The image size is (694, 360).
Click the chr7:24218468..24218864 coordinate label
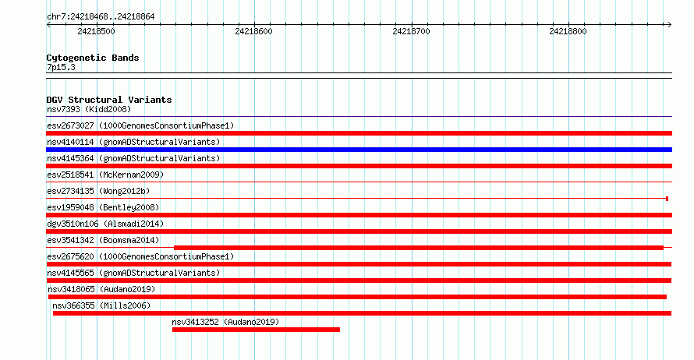click(101, 17)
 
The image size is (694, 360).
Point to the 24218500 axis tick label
click(96, 31)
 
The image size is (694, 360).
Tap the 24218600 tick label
click(253, 31)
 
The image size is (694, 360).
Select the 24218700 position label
click(411, 31)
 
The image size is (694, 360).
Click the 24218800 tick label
click(568, 31)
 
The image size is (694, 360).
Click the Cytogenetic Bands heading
click(93, 58)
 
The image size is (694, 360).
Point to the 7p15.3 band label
click(61, 67)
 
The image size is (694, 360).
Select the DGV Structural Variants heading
click(109, 100)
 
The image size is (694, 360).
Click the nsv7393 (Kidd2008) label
click(89, 109)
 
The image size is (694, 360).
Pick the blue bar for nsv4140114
click(359, 150)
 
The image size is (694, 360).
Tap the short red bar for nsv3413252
click(256, 330)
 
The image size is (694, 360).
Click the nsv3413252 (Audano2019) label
click(225, 322)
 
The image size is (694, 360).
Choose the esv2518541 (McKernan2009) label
click(105, 175)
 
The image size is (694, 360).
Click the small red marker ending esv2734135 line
click(667, 199)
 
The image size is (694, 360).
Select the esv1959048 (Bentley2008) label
click(103, 207)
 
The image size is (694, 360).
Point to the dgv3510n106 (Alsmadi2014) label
click(105, 224)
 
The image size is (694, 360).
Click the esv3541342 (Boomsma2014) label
click(103, 240)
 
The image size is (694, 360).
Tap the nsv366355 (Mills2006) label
click(101, 305)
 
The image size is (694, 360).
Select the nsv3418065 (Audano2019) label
click(101, 289)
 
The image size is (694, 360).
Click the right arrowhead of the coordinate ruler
click(670, 24)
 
